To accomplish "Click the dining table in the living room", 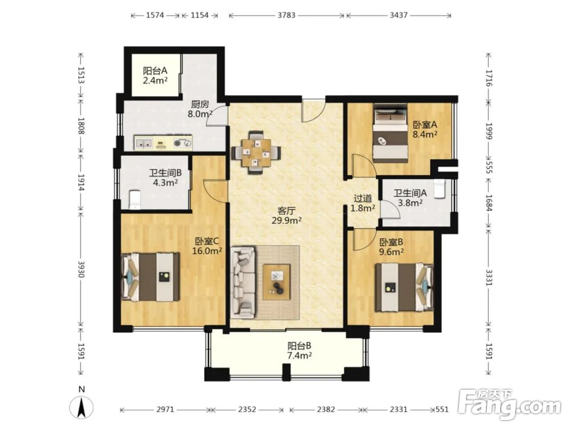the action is (256, 153).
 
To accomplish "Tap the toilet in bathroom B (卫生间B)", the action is (135, 199).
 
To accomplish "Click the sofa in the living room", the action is (243, 282).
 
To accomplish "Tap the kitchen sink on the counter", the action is (143, 143).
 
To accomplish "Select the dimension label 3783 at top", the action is (287, 15).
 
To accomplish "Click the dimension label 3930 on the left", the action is (81, 269).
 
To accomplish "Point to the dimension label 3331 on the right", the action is (489, 277).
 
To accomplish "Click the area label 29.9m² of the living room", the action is (287, 220).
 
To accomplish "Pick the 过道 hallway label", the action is (363, 199).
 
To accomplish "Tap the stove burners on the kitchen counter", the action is (182, 143).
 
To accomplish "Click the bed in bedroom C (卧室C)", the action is (150, 277).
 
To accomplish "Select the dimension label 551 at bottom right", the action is (442, 409).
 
